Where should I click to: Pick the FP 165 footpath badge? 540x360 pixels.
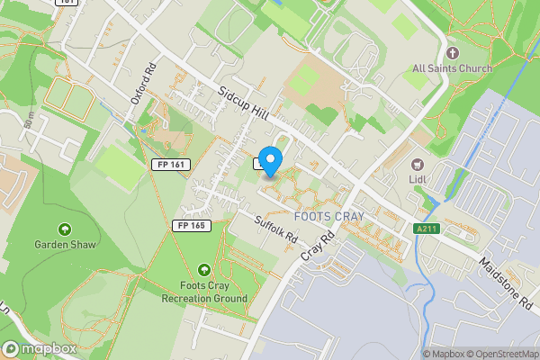(193, 226)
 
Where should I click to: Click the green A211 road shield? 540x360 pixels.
(427, 229)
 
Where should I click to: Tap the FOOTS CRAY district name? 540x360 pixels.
(328, 217)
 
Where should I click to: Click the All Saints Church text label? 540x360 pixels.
(452, 68)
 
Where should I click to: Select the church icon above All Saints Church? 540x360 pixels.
(453, 52)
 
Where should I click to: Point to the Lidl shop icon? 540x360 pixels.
(417, 164)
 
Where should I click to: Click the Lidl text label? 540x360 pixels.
(418, 180)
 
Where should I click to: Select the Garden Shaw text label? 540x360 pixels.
(64, 245)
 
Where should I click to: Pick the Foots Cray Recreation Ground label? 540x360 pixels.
(204, 292)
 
